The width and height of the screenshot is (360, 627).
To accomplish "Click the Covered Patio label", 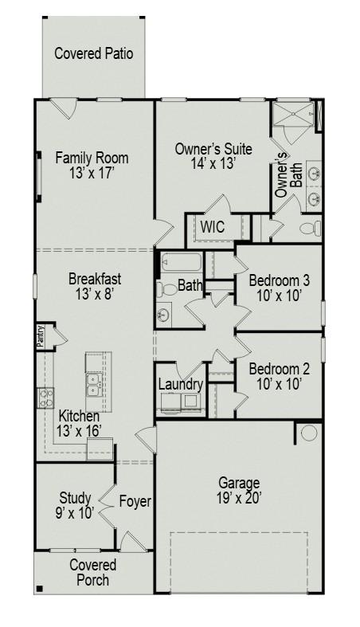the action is (x=93, y=53).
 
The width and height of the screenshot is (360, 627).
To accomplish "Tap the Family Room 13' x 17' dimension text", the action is (x=92, y=174).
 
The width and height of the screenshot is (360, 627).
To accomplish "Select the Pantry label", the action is (x=40, y=337).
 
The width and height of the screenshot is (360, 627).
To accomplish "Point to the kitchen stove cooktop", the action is (x=45, y=398).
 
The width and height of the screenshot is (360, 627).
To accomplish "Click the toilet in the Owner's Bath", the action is (x=311, y=229).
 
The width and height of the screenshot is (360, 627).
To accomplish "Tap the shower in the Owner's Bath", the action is (x=294, y=114).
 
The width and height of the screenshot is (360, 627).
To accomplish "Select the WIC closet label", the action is (x=213, y=227).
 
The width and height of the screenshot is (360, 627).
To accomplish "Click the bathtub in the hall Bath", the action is (x=182, y=262).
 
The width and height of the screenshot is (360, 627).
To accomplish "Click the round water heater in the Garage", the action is (x=309, y=433).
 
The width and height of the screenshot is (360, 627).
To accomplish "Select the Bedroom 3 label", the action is (x=279, y=280).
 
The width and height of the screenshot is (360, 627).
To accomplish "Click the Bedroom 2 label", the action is (x=279, y=369).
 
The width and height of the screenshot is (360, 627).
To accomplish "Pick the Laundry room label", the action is (x=181, y=385).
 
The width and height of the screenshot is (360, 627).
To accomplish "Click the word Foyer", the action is (x=135, y=501).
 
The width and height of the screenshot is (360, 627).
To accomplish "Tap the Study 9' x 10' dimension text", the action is (x=75, y=513).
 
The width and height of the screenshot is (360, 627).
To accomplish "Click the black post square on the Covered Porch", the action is (x=40, y=588).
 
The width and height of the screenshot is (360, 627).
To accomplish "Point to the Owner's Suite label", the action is (x=213, y=149).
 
